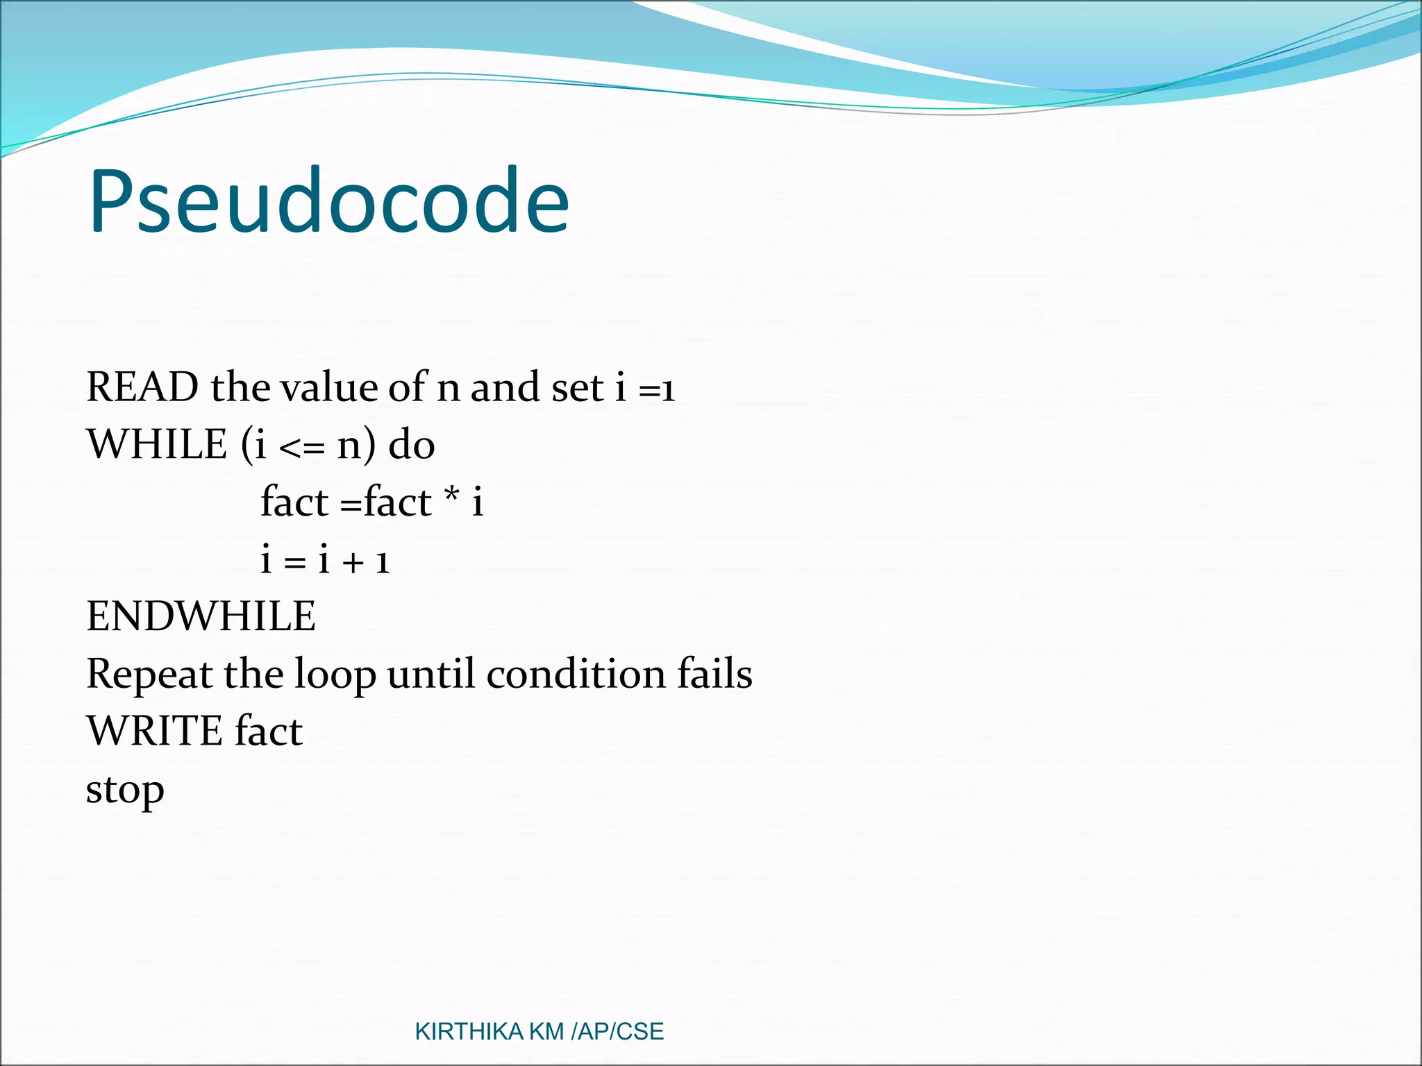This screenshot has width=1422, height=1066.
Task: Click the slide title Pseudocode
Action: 328,202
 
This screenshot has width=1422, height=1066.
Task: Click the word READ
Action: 142,387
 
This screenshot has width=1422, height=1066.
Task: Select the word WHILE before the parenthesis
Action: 157,444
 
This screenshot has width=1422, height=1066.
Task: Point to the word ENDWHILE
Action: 201,616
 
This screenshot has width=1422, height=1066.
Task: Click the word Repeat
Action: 149,675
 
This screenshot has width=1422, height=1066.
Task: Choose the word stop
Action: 125,790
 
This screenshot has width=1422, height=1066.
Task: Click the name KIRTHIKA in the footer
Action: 469,1032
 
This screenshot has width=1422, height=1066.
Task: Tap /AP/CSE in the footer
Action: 617,1032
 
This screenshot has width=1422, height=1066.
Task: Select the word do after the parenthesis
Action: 412,444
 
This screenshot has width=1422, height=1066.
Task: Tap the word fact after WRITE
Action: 269,731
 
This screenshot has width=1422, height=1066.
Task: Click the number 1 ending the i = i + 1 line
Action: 383,561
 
